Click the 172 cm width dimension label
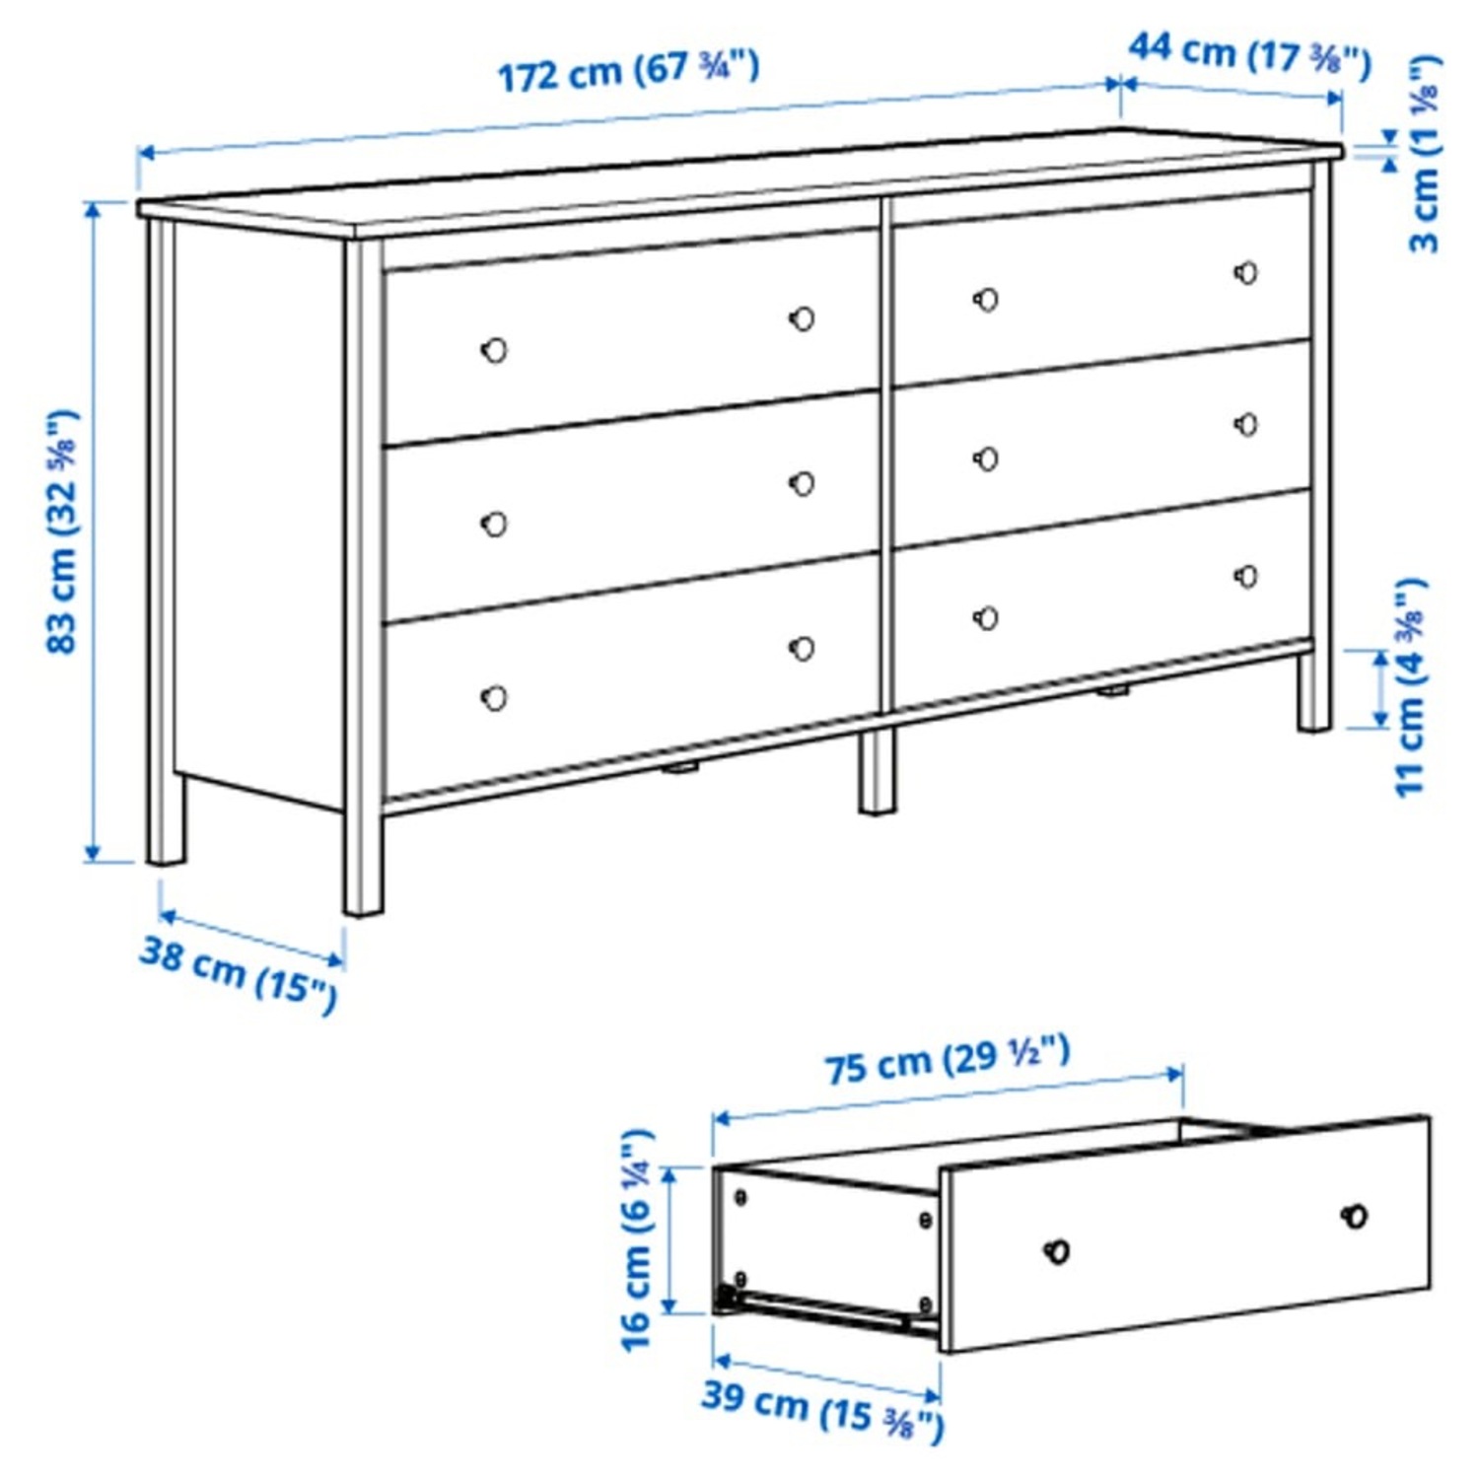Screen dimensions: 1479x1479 pyautogui.click(x=628, y=72)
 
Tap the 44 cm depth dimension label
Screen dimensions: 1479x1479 pyautogui.click(x=1249, y=53)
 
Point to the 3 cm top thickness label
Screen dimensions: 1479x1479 pyautogui.click(x=1424, y=153)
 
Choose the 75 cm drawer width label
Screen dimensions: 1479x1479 pyautogui.click(x=947, y=1061)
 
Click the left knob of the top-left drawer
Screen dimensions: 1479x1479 pyautogui.click(x=494, y=350)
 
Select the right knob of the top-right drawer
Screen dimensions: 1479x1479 pyautogui.click(x=1246, y=273)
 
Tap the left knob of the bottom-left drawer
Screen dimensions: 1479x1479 pyautogui.click(x=494, y=698)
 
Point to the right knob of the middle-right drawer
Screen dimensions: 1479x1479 pyautogui.click(x=1246, y=425)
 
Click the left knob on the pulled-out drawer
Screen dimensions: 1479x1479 pyautogui.click(x=1056, y=1251)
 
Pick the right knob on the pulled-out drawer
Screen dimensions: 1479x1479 pyautogui.click(x=1356, y=1216)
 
